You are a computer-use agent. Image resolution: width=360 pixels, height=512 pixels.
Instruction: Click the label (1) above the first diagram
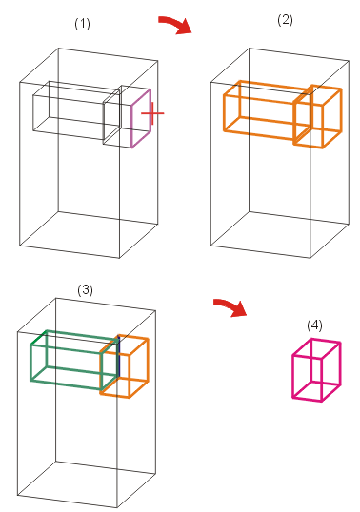click(82, 24)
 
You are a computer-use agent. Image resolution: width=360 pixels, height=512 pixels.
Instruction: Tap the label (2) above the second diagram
click(285, 20)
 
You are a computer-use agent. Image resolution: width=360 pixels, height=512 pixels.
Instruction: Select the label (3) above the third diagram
click(85, 290)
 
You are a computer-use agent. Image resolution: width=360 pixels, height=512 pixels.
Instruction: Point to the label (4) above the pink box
click(314, 325)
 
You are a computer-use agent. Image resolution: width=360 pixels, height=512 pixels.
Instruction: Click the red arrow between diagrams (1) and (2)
click(176, 24)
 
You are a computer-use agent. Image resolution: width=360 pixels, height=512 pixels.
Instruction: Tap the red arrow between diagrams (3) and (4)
click(231, 307)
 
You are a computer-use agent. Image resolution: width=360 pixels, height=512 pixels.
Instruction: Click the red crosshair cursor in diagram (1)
click(152, 113)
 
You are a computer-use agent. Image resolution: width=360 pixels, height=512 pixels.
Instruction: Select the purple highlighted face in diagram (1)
click(141, 118)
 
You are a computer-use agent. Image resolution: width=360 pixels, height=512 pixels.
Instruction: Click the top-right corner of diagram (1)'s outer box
click(158, 61)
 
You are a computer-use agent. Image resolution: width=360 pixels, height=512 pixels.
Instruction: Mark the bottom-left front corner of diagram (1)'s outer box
click(19, 246)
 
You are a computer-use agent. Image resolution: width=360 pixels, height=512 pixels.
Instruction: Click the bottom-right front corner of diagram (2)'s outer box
click(310, 258)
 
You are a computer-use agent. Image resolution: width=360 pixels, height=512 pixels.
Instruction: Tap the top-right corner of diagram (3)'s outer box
click(155, 310)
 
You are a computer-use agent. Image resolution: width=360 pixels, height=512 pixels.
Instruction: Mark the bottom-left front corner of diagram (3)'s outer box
click(18, 496)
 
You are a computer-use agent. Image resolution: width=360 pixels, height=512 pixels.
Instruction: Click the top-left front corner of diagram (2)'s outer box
click(210, 82)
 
